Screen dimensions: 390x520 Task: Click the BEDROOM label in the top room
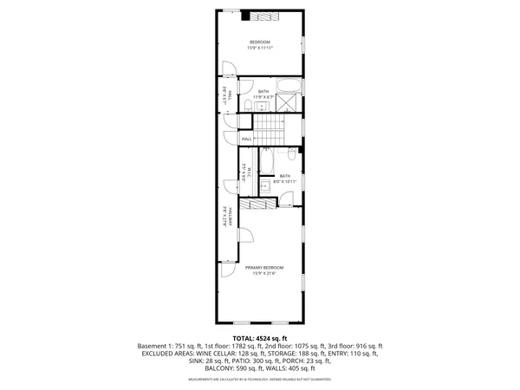pyautogui.click(x=260, y=42)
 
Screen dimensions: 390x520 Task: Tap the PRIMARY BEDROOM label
pyautogui.click(x=263, y=268)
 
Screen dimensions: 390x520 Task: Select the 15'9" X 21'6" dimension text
pyautogui.click(x=263, y=274)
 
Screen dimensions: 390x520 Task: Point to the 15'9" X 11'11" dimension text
pyautogui.click(x=260, y=49)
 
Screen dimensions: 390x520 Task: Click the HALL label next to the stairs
pyautogui.click(x=247, y=139)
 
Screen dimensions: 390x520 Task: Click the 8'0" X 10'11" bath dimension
pyautogui.click(x=285, y=181)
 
